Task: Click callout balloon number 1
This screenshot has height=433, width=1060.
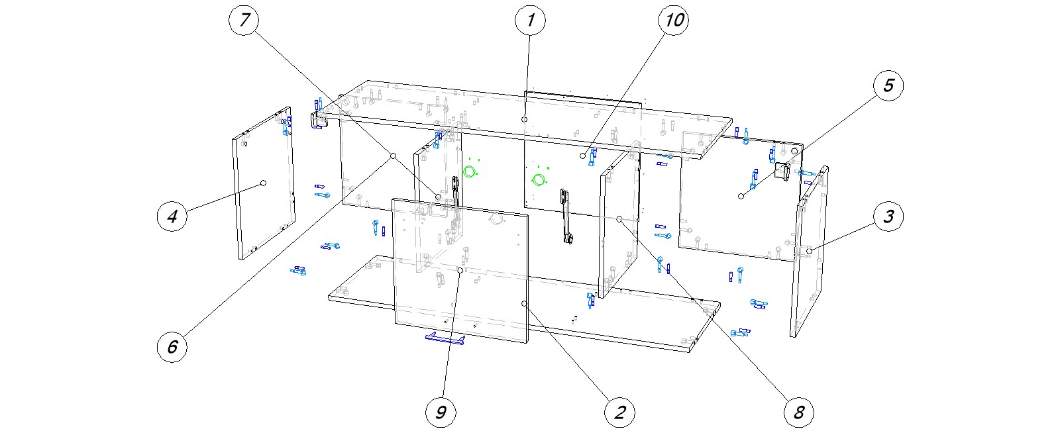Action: click(x=530, y=21)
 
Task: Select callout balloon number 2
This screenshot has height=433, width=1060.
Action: click(x=619, y=412)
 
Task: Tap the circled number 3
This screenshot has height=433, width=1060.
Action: click(x=888, y=216)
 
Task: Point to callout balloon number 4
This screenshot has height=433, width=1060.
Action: click(x=172, y=216)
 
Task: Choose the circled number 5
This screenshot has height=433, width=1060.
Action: click(x=888, y=85)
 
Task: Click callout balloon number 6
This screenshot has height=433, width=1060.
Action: click(x=172, y=346)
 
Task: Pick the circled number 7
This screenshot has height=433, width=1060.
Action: click(x=244, y=21)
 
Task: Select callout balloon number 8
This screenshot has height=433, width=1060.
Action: click(x=798, y=412)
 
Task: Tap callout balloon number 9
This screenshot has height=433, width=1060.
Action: click(x=441, y=412)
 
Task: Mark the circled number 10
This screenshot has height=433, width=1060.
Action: click(x=673, y=21)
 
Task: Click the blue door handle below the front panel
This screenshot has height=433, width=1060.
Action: click(x=445, y=339)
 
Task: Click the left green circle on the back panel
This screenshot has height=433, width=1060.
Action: click(x=470, y=172)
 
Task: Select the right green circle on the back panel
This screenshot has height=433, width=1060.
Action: click(x=539, y=179)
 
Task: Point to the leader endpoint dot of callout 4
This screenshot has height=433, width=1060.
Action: click(x=263, y=183)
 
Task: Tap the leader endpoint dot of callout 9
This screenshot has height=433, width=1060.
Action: click(x=460, y=271)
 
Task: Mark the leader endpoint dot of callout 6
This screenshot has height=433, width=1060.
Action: click(x=393, y=156)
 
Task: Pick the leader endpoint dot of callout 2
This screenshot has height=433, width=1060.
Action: click(x=524, y=303)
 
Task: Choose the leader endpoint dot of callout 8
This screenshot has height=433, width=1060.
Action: click(x=619, y=218)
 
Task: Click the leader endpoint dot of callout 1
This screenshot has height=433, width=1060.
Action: click(x=524, y=119)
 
